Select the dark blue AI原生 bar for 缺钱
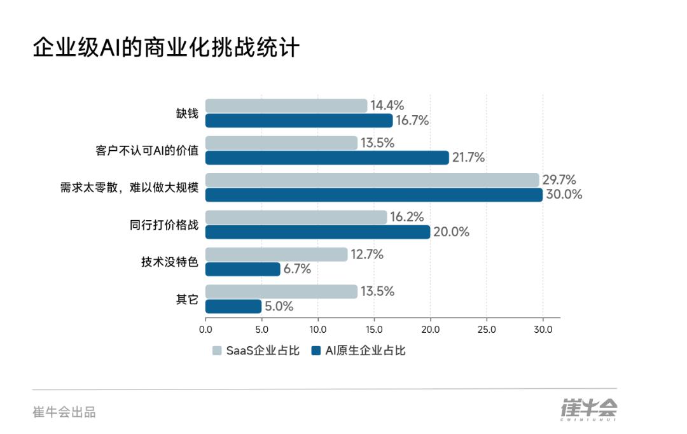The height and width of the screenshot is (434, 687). coord(299,121)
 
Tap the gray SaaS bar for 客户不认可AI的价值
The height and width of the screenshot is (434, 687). coord(281,143)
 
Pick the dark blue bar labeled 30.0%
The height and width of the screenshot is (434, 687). coord(374,195)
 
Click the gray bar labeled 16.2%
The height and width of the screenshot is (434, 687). coord(296,217)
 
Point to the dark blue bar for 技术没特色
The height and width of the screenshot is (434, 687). coord(243,269)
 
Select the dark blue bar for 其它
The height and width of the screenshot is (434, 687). coord(233,306)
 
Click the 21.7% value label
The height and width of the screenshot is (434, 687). coord(469,158)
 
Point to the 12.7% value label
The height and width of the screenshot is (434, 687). coord(368,255)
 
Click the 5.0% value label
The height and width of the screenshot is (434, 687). coord(279,306)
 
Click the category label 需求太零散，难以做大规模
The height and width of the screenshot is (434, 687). coord(129,188)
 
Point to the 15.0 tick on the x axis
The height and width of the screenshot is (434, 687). coord(374,330)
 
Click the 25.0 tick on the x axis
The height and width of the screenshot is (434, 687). coord(487,330)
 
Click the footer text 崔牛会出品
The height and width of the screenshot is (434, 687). coord(64,412)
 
